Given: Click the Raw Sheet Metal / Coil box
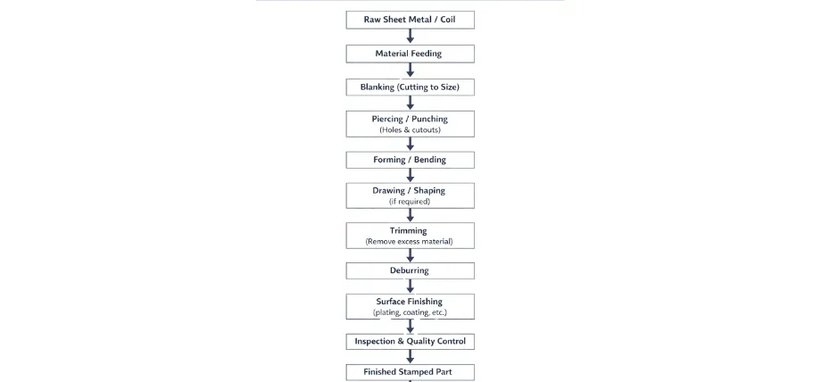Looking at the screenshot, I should (x=410, y=20).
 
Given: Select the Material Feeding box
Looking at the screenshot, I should (x=410, y=54).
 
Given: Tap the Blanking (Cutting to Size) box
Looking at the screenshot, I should (x=410, y=87).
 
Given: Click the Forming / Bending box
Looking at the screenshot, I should (x=410, y=160).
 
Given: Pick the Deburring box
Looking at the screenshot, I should (x=410, y=270).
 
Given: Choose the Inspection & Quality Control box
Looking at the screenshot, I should (x=410, y=341).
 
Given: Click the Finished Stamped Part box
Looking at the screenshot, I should (x=410, y=371).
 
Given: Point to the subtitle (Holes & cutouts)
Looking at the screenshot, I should (x=410, y=130).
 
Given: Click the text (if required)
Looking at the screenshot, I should (x=410, y=202).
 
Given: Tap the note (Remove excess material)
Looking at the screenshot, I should (x=410, y=242).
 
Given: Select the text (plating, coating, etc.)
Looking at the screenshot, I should (x=410, y=312).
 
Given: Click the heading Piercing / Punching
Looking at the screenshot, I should (x=410, y=119).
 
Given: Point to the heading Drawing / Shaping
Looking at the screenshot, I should (x=410, y=190).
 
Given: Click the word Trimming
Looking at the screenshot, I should (x=410, y=230).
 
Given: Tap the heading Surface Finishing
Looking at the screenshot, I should (x=410, y=301).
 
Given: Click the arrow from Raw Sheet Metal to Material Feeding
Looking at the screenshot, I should (x=410, y=37).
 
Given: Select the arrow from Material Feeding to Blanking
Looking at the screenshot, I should (x=410, y=71).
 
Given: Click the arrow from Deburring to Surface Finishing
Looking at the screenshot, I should (x=410, y=286).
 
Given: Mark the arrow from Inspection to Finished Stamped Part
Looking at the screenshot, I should (x=410, y=356).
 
